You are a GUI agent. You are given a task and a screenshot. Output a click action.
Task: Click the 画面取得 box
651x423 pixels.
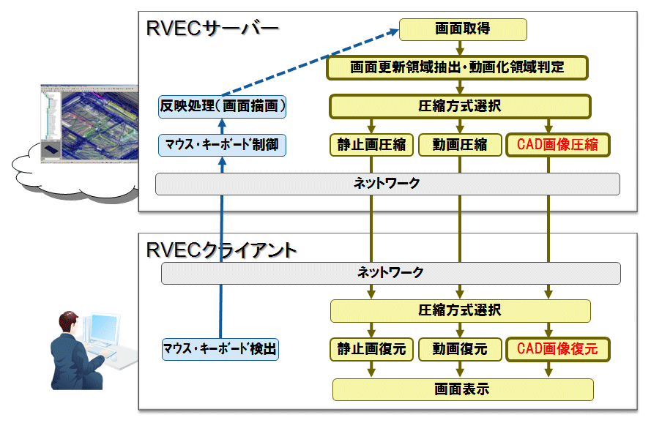[463, 29]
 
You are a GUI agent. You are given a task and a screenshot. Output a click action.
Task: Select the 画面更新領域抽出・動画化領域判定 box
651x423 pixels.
[457, 67]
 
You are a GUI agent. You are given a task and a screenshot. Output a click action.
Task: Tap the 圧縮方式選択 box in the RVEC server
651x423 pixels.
[460, 107]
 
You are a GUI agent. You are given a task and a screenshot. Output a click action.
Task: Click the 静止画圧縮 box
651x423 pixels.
[371, 144]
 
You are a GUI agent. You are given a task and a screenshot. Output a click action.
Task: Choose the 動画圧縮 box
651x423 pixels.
[460, 144]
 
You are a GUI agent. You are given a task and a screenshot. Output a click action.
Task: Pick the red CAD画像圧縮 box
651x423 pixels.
[557, 144]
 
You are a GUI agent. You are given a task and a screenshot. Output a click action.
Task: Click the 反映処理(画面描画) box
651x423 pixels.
[222, 107]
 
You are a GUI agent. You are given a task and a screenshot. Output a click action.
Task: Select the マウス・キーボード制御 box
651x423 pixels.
[222, 145]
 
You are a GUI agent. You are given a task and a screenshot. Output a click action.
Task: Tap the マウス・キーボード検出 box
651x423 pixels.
[220, 349]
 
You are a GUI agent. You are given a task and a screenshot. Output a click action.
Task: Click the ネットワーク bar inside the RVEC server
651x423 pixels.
[387, 184]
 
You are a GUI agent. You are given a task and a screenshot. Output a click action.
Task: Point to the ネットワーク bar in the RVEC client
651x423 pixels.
[391, 273]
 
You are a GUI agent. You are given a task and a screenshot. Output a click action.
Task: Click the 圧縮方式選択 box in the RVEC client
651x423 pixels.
[460, 311]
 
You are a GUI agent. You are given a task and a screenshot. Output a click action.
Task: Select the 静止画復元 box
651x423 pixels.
[371, 349]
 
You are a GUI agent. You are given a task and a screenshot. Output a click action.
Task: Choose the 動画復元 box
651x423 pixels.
[460, 349]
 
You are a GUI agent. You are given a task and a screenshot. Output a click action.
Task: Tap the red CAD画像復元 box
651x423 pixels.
[557, 349]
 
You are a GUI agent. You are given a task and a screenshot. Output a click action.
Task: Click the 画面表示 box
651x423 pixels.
[463, 389]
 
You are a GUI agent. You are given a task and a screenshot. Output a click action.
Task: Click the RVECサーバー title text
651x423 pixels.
[212, 29]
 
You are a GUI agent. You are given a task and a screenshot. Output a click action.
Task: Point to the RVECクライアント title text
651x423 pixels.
[221, 250]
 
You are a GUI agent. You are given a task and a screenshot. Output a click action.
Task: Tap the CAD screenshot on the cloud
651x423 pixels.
[89, 124]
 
